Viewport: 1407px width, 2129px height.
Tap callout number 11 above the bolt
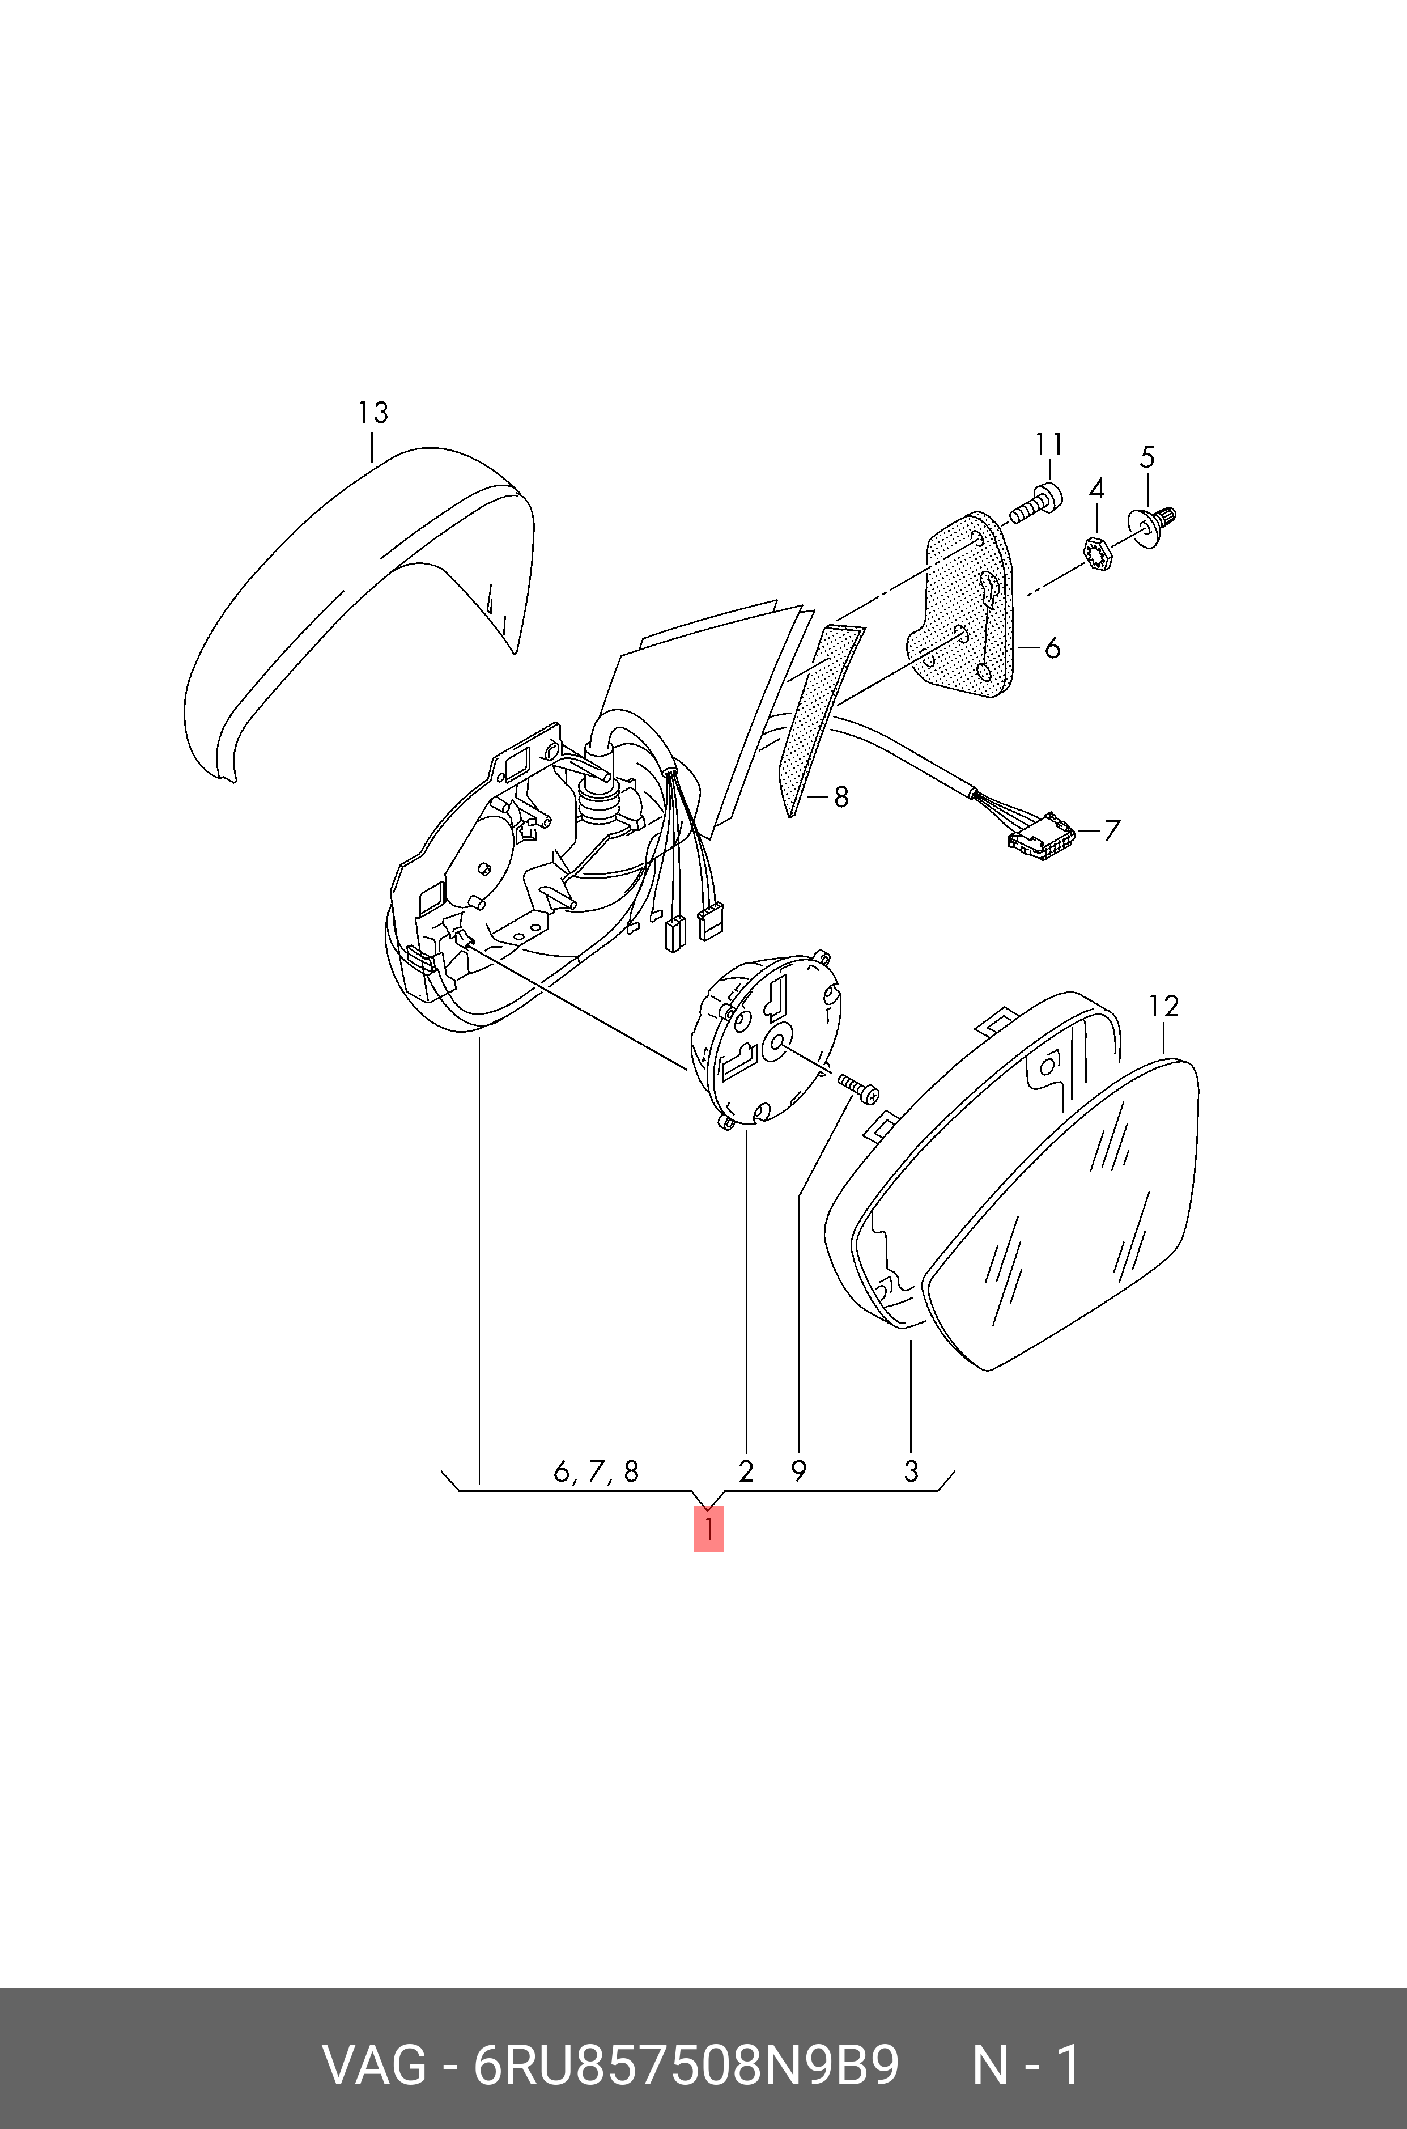point(1048,444)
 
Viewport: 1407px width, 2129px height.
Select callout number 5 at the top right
point(1147,458)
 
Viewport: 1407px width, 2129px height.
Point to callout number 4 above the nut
point(1096,489)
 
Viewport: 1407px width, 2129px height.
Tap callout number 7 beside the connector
point(1112,830)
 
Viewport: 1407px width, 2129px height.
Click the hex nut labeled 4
point(1096,552)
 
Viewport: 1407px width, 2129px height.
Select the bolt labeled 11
point(1036,504)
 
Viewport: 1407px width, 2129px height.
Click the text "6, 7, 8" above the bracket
point(596,1472)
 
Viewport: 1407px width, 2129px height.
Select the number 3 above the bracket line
point(911,1472)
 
